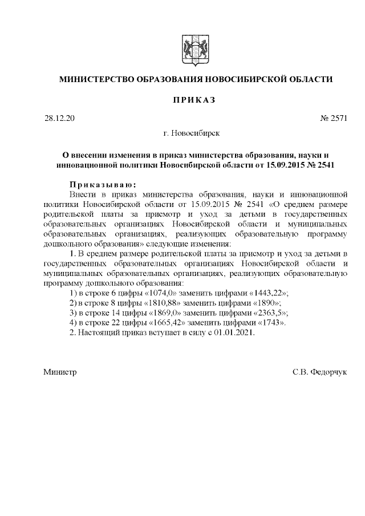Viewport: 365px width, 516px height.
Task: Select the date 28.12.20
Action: point(59,119)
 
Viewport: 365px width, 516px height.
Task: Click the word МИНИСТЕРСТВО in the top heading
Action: point(94,79)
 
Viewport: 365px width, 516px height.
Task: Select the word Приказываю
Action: point(102,185)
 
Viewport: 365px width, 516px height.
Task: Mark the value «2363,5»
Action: point(266,312)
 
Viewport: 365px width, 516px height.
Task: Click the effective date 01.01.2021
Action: point(233,332)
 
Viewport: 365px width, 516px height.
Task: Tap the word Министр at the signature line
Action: point(60,372)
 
